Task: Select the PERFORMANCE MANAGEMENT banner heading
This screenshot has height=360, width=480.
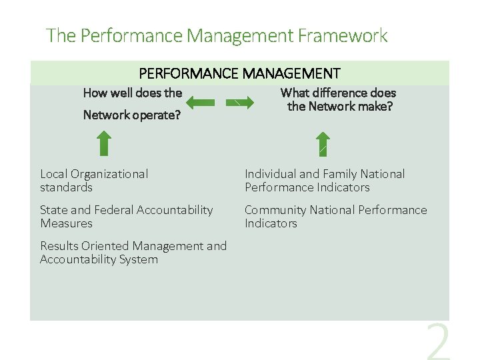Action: pos(239,73)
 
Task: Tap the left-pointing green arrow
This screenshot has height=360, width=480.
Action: pos(200,103)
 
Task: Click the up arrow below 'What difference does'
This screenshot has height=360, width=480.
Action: pos(323,143)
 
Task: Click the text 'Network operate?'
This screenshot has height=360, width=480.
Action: pos(132,115)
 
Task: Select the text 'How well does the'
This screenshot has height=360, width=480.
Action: pos(132,93)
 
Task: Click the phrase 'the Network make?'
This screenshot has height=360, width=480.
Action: pos(339,107)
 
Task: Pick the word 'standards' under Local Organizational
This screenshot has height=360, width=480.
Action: pos(66,188)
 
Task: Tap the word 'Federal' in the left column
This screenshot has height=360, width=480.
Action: pos(113,210)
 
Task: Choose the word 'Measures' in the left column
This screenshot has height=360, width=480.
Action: pos(66,223)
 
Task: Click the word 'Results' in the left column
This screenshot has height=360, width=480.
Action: pos(59,246)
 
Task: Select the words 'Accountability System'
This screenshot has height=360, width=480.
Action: pos(99,259)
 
